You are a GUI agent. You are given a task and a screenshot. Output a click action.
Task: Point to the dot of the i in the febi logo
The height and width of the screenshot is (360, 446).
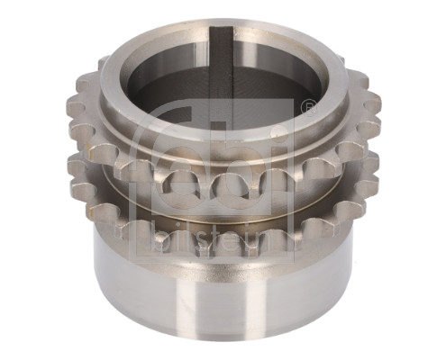(278, 130)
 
